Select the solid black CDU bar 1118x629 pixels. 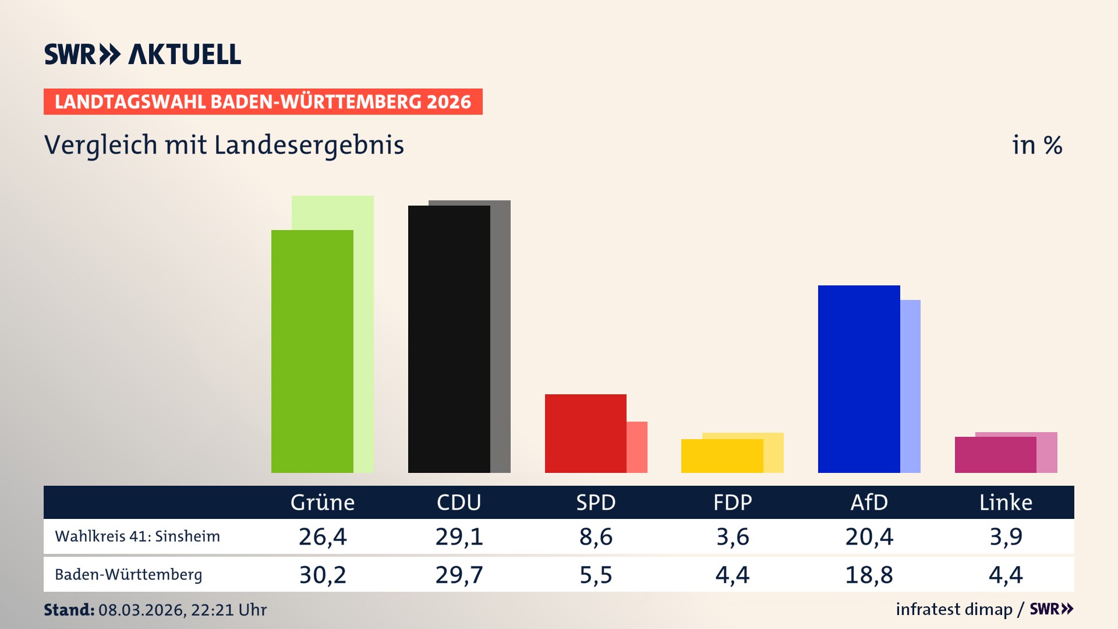(x=449, y=339)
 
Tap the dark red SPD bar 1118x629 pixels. (x=585, y=433)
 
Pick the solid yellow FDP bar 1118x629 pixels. (x=722, y=456)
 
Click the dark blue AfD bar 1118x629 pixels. (x=859, y=379)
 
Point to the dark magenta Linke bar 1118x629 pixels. (x=995, y=455)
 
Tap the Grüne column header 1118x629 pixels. (x=323, y=503)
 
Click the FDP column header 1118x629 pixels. (x=733, y=503)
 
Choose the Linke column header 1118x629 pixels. (x=1006, y=503)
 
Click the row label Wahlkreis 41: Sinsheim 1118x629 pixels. (x=137, y=536)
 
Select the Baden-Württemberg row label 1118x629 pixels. (x=129, y=575)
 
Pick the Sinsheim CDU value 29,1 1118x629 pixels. (x=459, y=536)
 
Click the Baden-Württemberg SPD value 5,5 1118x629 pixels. (x=596, y=575)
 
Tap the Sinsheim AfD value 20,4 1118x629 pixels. (x=869, y=536)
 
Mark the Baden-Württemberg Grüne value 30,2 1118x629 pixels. (x=323, y=575)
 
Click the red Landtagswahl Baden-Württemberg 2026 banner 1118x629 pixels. (x=263, y=102)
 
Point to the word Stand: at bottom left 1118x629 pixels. (x=69, y=610)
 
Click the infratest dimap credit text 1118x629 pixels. (x=954, y=609)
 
